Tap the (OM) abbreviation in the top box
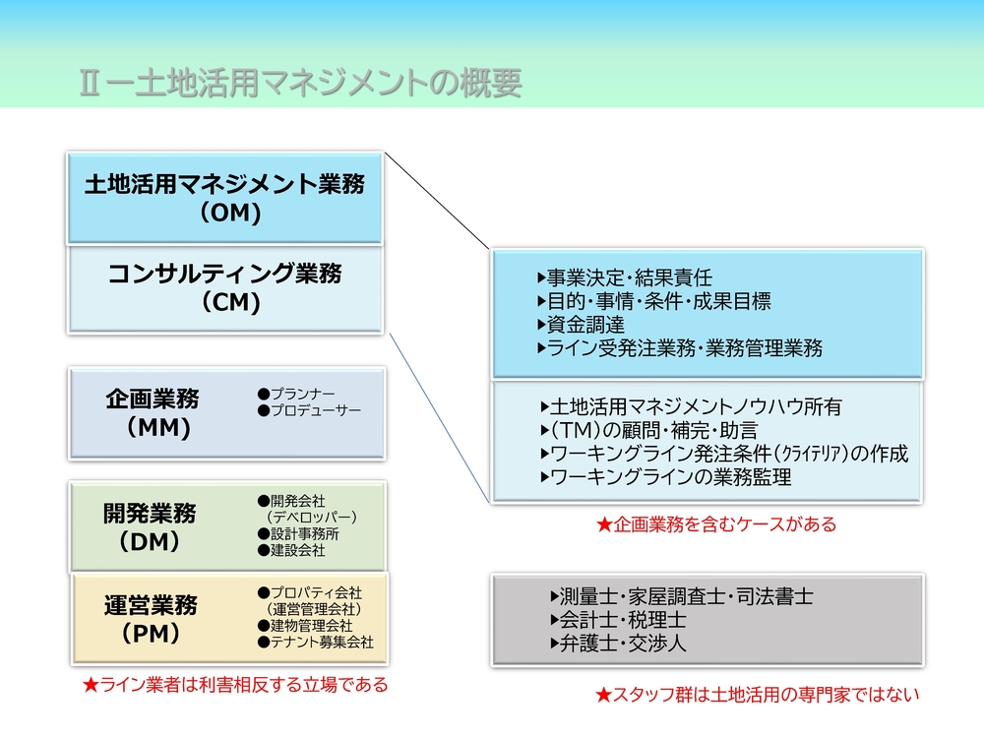coord(231,213)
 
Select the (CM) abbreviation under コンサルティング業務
coord(231,302)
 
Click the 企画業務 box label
coord(153,400)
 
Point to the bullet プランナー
coord(296,394)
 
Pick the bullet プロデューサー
coord(309,410)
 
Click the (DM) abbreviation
coord(150,541)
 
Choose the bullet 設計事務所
coord(298,534)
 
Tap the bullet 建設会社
coord(291,550)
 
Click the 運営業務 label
coord(151,605)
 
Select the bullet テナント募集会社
coord(316,642)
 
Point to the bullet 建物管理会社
coord(305,626)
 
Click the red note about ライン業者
coord(235,685)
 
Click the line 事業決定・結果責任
coord(625,277)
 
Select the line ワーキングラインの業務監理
coord(666,477)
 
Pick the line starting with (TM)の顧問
coord(649,431)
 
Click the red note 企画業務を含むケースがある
coord(716,524)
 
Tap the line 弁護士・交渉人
coord(618,644)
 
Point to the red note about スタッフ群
coord(757,695)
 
